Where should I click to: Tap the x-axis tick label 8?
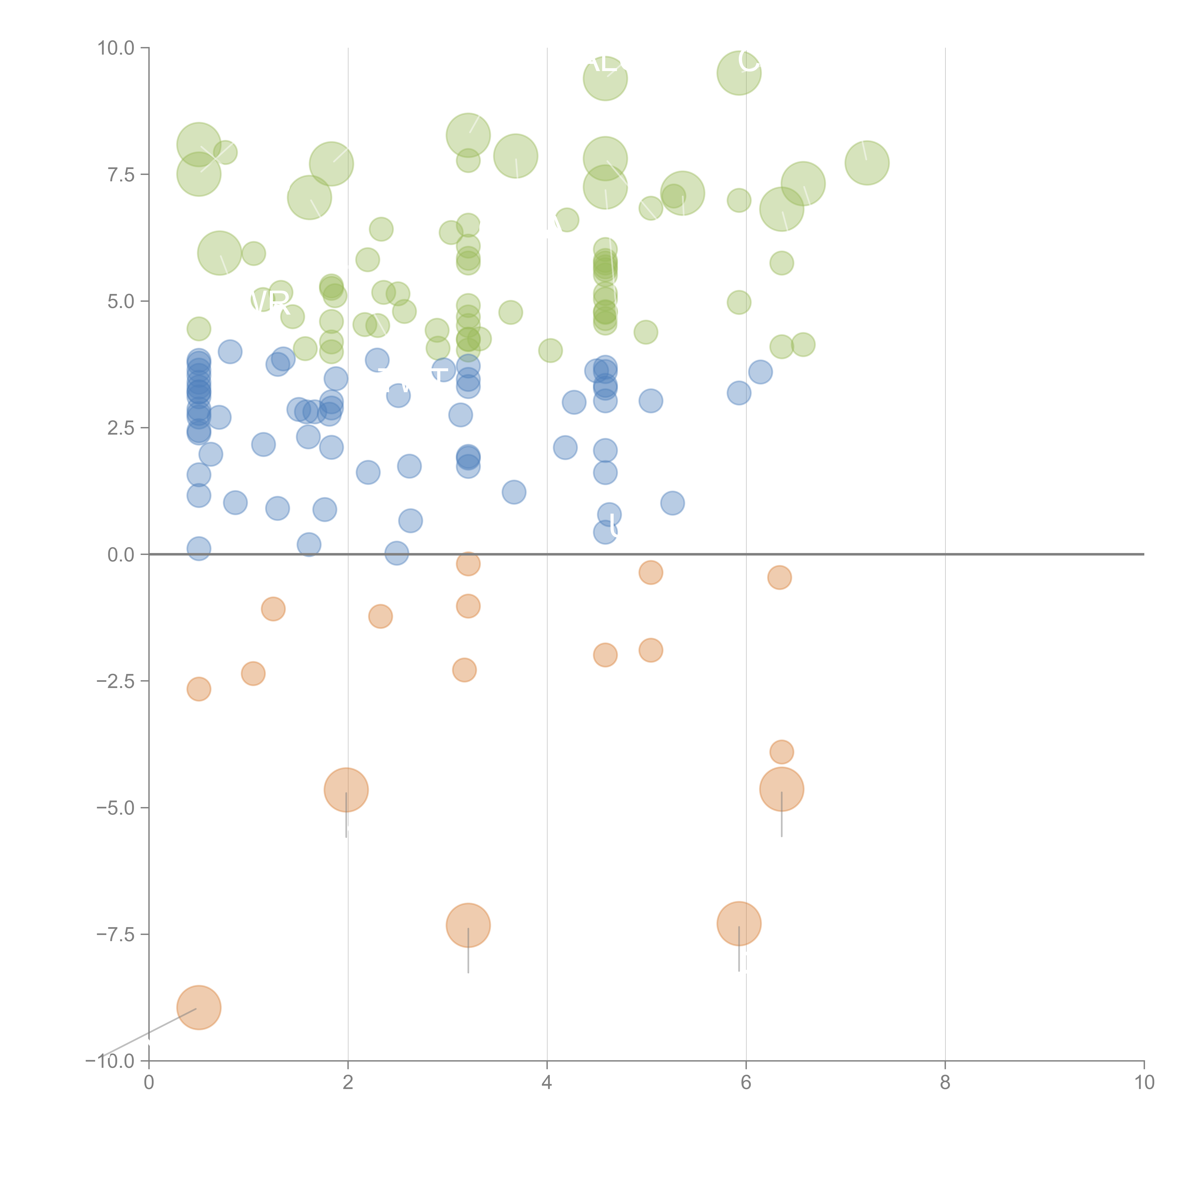pyautogui.click(x=945, y=1083)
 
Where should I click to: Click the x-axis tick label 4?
pyautogui.click(x=547, y=1083)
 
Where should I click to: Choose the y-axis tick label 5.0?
pyautogui.click(x=120, y=301)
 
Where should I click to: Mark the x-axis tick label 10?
pyautogui.click(x=1144, y=1083)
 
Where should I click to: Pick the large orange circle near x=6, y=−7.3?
pyautogui.click(x=739, y=924)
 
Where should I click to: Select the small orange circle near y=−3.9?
pyautogui.click(x=782, y=752)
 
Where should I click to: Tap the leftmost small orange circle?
pyautogui.click(x=199, y=689)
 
